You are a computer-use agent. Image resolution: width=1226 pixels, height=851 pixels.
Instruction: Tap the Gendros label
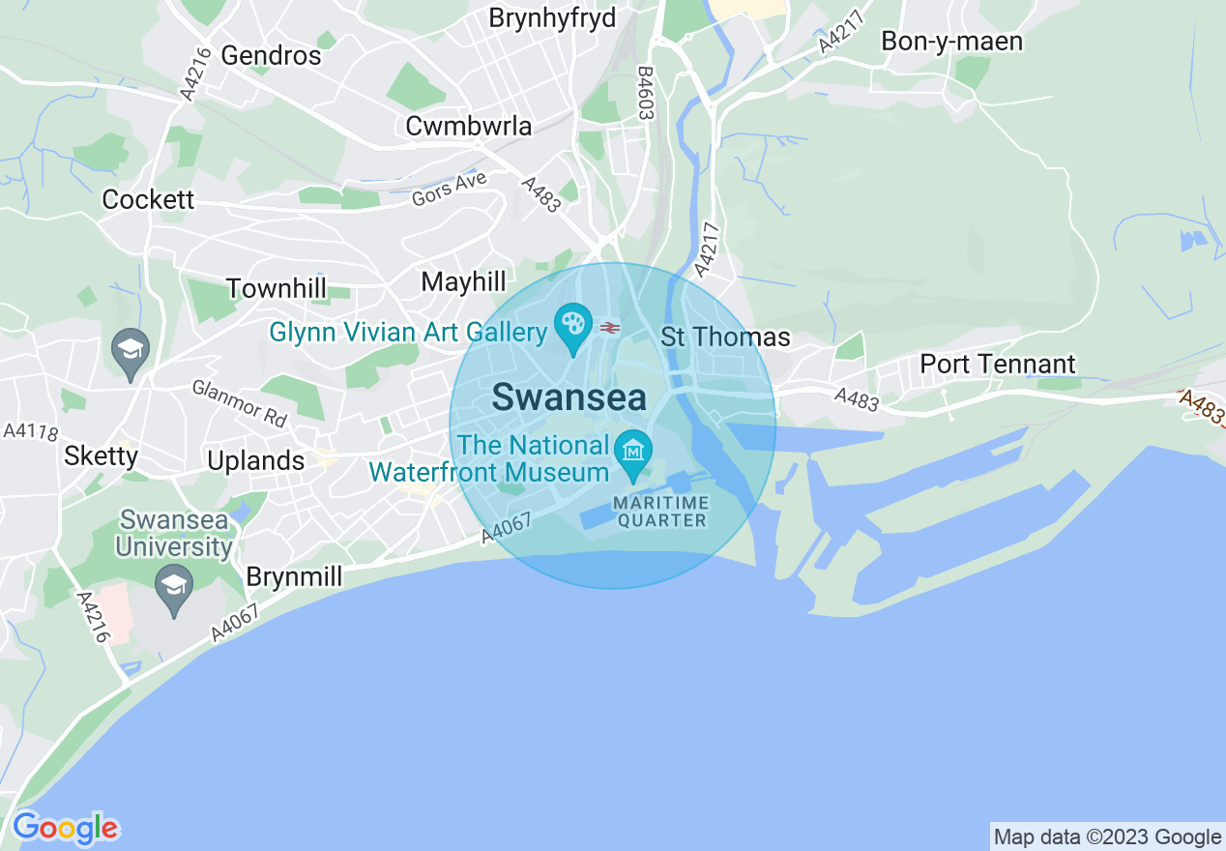[x=271, y=55]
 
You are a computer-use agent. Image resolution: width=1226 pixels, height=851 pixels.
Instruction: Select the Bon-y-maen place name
[x=951, y=42]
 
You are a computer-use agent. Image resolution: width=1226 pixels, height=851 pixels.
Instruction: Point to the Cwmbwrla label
[x=469, y=126]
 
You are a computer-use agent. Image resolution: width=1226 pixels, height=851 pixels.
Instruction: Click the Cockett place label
[x=148, y=199]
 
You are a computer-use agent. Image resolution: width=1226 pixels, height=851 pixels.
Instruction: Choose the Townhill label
[x=276, y=288]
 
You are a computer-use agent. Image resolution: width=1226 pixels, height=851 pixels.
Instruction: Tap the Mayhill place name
[x=463, y=281]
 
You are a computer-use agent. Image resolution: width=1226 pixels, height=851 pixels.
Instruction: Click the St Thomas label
[x=725, y=337]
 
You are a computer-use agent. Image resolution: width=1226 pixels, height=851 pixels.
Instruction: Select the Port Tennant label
[x=998, y=364]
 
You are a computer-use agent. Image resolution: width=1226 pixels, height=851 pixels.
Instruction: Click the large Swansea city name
[x=569, y=397]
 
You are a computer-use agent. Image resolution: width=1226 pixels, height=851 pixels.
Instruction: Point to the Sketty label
[x=101, y=455]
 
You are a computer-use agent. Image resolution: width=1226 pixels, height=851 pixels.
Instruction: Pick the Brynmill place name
[x=294, y=577]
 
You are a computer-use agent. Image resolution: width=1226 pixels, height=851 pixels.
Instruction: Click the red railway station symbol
[x=609, y=328]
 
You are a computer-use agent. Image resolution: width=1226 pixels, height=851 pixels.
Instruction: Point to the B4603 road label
[x=644, y=93]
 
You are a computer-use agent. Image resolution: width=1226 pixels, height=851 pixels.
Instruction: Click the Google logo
[x=66, y=829]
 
